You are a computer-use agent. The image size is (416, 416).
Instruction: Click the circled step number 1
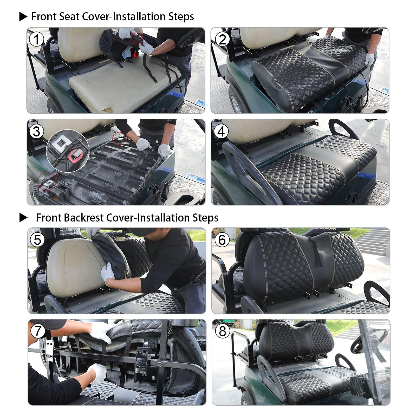(36, 40)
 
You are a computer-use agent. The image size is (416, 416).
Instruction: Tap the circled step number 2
(221, 40)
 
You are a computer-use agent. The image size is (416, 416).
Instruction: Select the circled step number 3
(36, 131)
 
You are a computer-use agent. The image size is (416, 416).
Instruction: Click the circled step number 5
(37, 240)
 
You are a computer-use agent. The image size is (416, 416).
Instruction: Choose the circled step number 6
(222, 240)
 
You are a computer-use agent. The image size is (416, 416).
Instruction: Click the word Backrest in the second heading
(84, 218)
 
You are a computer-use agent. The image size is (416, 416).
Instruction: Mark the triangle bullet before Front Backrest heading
(23, 218)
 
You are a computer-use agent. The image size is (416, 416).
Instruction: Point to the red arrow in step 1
(134, 54)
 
